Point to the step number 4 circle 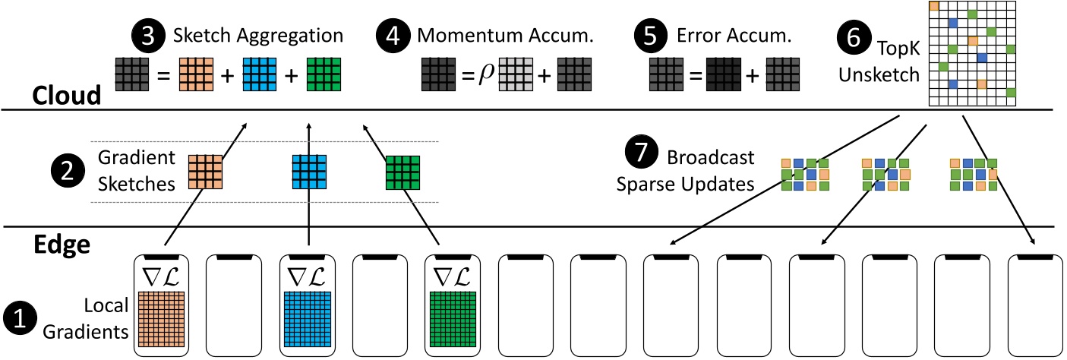pyautogui.click(x=392, y=35)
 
